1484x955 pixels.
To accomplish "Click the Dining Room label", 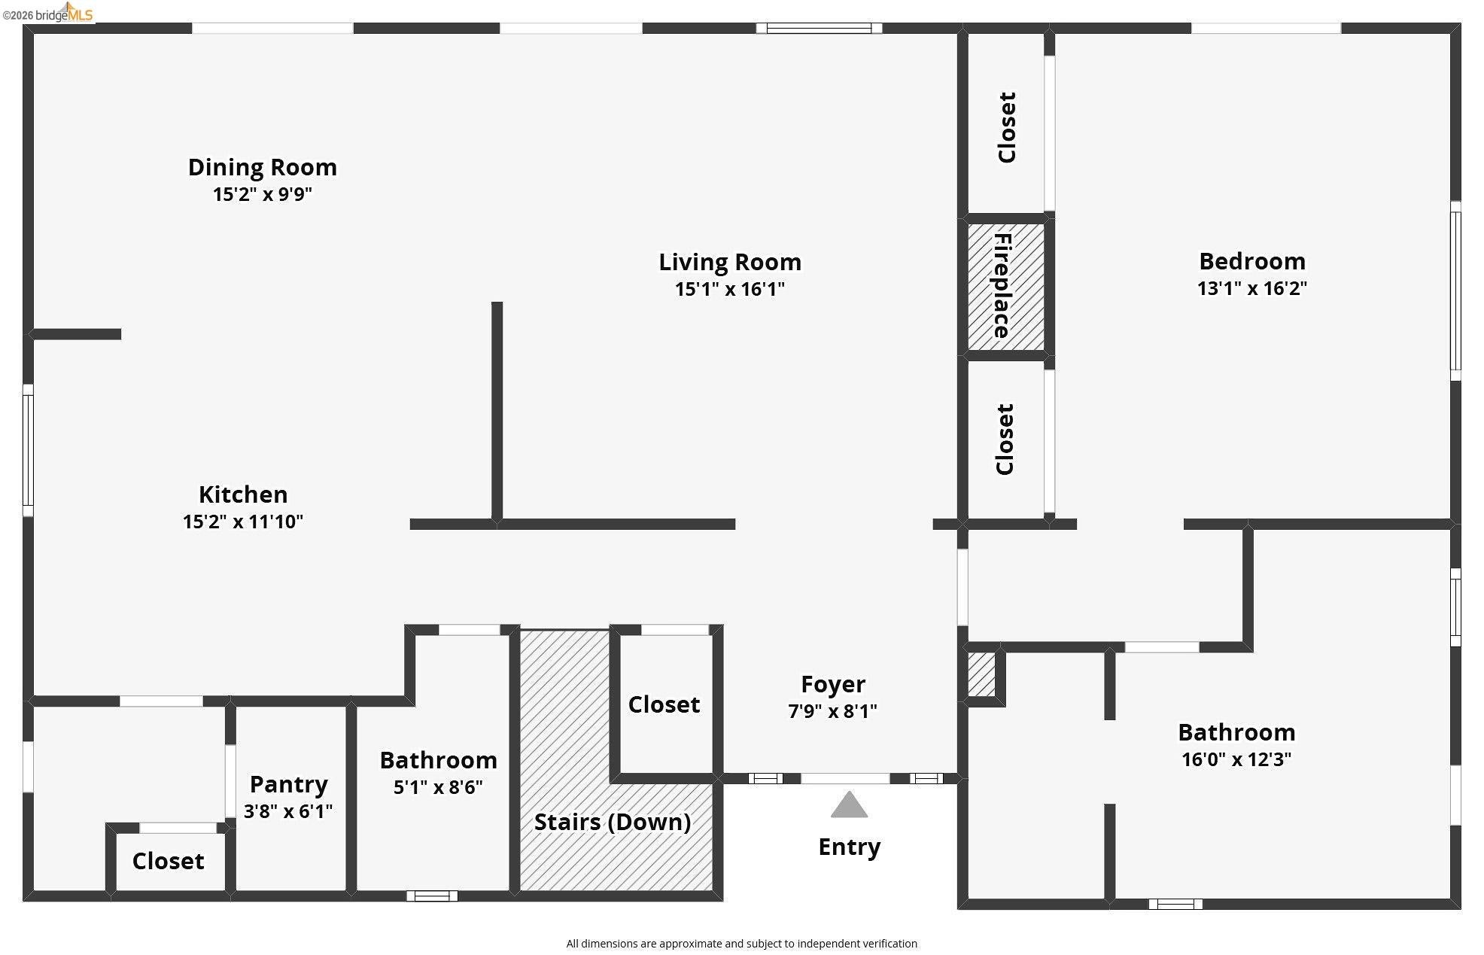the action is [262, 167].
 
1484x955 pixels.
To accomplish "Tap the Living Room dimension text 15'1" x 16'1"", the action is [729, 289].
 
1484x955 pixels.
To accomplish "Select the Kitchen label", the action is [243, 494].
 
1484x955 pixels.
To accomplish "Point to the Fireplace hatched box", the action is [1006, 287].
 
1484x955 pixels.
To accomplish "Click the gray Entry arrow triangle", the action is [849, 804].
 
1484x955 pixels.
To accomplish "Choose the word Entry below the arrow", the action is [849, 847].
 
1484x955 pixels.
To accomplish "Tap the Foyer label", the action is [833, 684].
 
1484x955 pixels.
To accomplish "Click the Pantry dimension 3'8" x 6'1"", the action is [288, 811].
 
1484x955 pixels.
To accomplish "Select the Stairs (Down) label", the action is [613, 822].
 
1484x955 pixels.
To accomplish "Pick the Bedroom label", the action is [1252, 261].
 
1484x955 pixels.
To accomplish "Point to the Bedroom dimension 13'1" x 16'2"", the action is [1252, 288].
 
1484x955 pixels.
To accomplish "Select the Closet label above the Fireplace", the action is [1007, 127].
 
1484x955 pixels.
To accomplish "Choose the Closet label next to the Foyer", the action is [664, 704].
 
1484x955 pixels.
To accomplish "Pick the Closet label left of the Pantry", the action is [168, 861].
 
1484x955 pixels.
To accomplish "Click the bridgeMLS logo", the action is [47, 13].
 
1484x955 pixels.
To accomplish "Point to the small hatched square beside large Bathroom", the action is [981, 674].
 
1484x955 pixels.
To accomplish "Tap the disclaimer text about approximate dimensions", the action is [742, 944].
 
